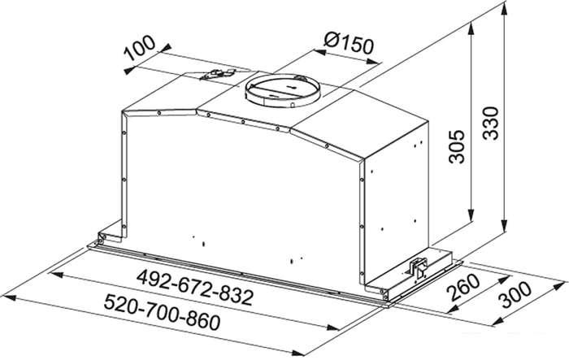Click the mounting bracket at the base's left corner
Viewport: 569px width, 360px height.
coord(100,238)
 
